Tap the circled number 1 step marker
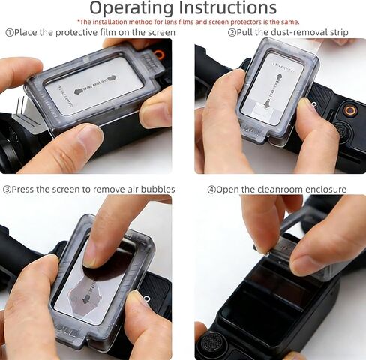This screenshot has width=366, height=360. click(x=10, y=33)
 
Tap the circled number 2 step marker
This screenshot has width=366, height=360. click(x=232, y=33)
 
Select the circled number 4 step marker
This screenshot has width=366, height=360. click(x=211, y=189)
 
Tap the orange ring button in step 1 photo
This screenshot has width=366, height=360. click(x=159, y=55)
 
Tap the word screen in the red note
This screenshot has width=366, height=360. click(x=254, y=22)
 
